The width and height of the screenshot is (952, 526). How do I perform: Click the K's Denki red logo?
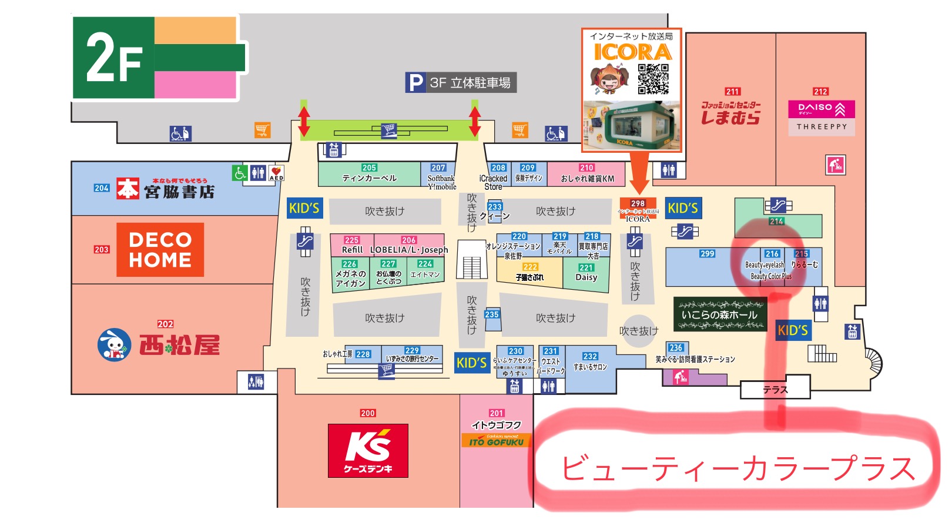tap(368, 450)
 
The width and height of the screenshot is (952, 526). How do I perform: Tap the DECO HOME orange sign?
tap(160, 250)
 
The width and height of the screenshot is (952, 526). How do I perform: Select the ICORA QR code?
tap(653, 79)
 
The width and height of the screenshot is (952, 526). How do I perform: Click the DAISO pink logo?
tap(821, 109)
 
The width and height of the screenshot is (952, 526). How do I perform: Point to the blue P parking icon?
tap(415, 83)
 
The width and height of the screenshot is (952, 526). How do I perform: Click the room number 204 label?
tap(102, 188)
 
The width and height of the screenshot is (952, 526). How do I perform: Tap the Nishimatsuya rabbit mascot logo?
tap(114, 345)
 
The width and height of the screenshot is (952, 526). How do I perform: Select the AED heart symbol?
tap(276, 172)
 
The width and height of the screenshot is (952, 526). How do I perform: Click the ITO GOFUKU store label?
tap(497, 441)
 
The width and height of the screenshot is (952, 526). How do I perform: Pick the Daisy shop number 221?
tap(586, 267)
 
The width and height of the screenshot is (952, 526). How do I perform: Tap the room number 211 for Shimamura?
tap(732, 92)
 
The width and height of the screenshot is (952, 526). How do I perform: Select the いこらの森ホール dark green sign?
tap(720, 314)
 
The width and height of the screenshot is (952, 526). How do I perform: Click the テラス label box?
tap(775, 390)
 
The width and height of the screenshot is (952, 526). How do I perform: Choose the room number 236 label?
tap(676, 348)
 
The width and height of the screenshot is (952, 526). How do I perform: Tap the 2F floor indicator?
tap(114, 58)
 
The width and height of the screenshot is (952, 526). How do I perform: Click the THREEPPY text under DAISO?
tap(822, 127)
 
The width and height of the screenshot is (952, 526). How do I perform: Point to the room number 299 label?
tap(707, 254)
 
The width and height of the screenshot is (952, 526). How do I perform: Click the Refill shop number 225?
tap(351, 240)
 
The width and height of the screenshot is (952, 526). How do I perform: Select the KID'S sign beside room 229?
tap(471, 363)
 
